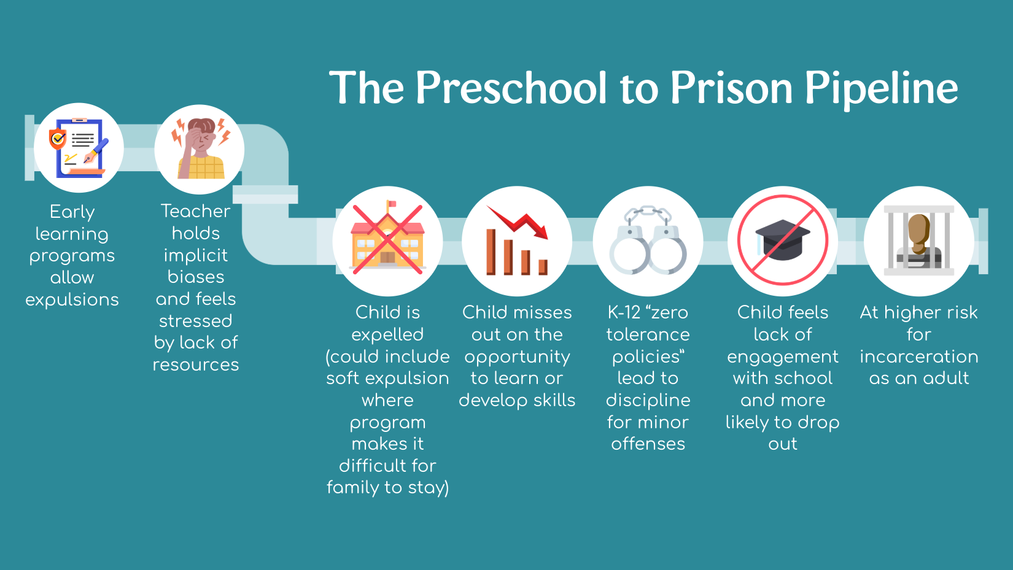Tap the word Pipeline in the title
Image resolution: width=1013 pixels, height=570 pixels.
click(882, 88)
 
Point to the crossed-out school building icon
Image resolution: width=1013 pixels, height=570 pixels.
click(387, 239)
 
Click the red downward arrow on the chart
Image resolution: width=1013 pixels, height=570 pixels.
click(518, 222)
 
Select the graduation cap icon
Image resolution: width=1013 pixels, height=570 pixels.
click(783, 240)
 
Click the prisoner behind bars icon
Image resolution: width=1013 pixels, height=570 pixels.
click(919, 241)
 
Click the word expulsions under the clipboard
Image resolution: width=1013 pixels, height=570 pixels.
click(72, 299)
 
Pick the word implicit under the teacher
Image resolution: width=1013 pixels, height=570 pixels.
click(196, 255)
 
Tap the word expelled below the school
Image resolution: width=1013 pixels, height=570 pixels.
click(387, 335)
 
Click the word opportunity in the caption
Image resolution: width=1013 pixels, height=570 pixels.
click(518, 357)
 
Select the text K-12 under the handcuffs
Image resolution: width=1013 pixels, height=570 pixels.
click(624, 312)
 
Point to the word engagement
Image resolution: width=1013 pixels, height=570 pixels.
click(783, 357)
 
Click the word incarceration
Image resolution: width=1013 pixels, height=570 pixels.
click(919, 356)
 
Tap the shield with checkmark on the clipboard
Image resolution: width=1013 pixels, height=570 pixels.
click(58, 139)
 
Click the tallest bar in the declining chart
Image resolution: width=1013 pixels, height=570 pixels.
click(491, 252)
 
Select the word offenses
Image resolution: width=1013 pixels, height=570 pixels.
click(648, 444)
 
